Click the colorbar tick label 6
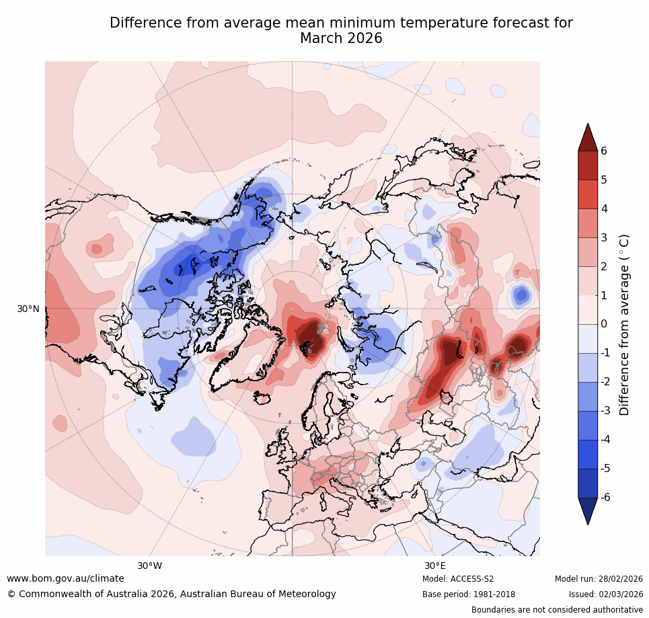[x=604, y=151]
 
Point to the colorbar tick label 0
[x=604, y=324]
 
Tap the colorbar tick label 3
[x=604, y=237]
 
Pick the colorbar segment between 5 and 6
[x=588, y=165]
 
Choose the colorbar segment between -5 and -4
[x=588, y=454]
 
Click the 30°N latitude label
[x=28, y=309]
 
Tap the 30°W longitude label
[x=149, y=566]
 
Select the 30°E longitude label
[x=435, y=566]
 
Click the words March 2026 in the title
[x=341, y=38]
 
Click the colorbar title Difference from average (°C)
[x=624, y=324]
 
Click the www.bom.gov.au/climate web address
[x=65, y=578]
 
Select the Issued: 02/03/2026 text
[x=605, y=594]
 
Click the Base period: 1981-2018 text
[x=469, y=594]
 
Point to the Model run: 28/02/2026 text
[x=599, y=579]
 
